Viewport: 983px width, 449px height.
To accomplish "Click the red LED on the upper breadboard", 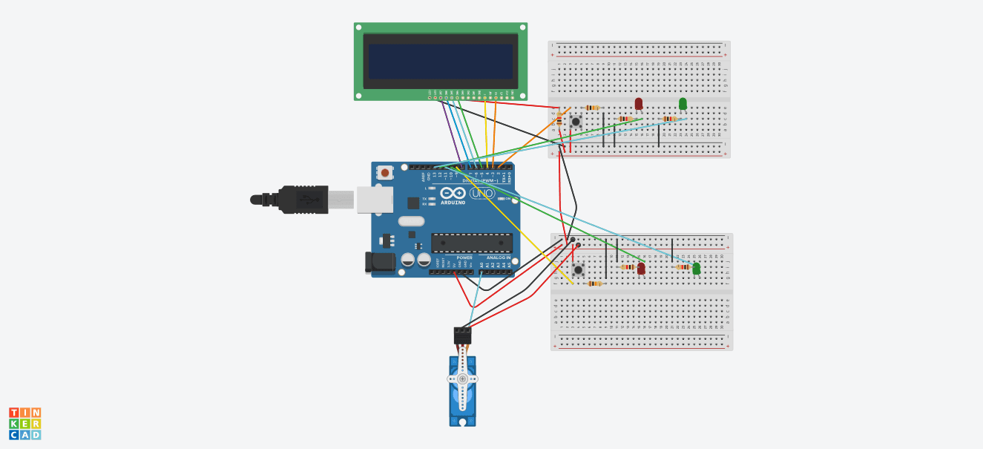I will click(639, 103).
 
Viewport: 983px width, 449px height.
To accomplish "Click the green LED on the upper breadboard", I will click(683, 103).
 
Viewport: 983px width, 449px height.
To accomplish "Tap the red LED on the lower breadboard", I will click(641, 268).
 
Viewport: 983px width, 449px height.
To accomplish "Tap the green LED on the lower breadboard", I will click(696, 268).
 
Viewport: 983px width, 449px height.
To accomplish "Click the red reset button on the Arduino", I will click(384, 172).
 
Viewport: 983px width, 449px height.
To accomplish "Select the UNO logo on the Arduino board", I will click(482, 193).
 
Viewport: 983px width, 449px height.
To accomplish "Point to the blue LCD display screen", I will click(441, 62).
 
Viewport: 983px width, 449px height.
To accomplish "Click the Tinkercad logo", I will click(25, 424).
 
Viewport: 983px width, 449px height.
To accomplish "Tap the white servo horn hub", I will click(462, 378).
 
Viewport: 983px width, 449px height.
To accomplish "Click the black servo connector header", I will click(462, 335).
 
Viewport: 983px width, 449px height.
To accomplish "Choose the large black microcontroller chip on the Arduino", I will click(472, 243).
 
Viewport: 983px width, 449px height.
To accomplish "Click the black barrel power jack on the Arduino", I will click(380, 261).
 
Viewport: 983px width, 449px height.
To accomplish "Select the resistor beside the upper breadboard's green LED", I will click(669, 119).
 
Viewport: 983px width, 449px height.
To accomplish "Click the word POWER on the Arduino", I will click(464, 258).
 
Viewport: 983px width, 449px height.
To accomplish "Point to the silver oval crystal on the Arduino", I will click(411, 221).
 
